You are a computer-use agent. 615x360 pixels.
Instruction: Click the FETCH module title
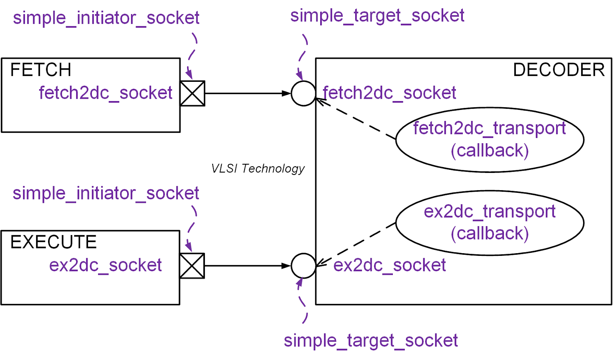pyautogui.click(x=40, y=70)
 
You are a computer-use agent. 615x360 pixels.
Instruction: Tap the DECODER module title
pyautogui.click(x=558, y=70)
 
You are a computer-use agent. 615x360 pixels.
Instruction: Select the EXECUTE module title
pyautogui.click(x=53, y=242)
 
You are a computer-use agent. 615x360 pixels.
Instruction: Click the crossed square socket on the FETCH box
pyautogui.click(x=192, y=93)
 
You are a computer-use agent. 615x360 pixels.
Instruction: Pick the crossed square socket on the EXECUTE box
pyautogui.click(x=192, y=266)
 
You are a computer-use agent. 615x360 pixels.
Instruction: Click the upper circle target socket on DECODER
pyautogui.click(x=303, y=93)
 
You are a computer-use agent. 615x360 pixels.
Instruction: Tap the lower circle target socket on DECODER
pyautogui.click(x=303, y=265)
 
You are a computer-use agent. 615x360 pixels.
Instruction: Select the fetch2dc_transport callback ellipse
pyautogui.click(x=489, y=139)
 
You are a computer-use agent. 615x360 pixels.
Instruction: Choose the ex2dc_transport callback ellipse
pyautogui.click(x=489, y=223)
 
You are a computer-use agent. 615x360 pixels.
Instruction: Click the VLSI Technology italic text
pyautogui.click(x=258, y=168)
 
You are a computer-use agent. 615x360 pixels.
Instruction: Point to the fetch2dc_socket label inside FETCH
pyautogui.click(x=105, y=93)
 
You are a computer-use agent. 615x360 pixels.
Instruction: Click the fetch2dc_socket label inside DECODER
pyautogui.click(x=389, y=93)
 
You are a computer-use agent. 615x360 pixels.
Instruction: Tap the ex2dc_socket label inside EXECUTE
pyautogui.click(x=105, y=265)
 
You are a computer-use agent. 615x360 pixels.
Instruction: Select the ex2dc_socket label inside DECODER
pyautogui.click(x=389, y=265)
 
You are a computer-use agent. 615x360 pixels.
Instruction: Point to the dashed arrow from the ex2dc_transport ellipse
pyautogui.click(x=356, y=244)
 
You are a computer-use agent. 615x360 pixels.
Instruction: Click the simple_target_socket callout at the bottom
pyautogui.click(x=371, y=340)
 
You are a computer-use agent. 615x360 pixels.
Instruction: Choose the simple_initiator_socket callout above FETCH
pyautogui.click(x=106, y=18)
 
